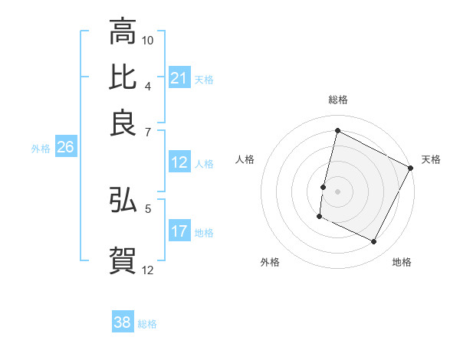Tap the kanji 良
(x=123, y=122)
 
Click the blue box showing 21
(x=179, y=78)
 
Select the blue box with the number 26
(x=65, y=148)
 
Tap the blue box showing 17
(x=179, y=231)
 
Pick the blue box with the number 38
(x=123, y=323)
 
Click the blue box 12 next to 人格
(x=179, y=162)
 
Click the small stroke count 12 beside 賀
(x=148, y=269)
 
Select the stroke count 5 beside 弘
(x=148, y=207)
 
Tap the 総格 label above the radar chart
(x=337, y=100)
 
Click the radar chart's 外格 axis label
(x=270, y=262)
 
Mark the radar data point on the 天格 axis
(x=411, y=168)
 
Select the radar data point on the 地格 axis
(x=374, y=242)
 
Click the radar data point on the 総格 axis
(x=337, y=131)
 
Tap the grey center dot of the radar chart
(x=337, y=191)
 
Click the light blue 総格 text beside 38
(x=147, y=324)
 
